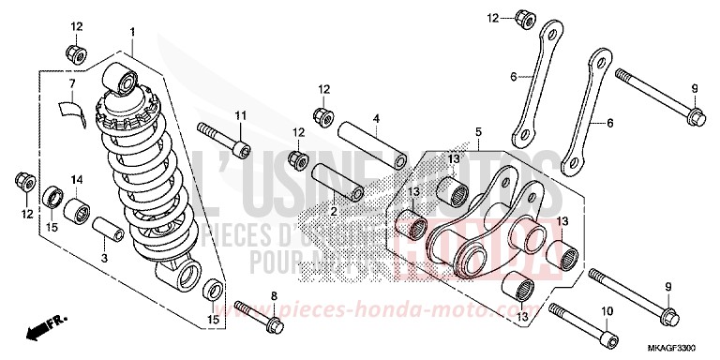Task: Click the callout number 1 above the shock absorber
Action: (x=133, y=33)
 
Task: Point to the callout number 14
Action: (x=76, y=180)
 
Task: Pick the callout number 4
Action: (x=375, y=119)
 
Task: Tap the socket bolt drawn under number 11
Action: (x=224, y=137)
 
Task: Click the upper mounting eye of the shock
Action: (x=122, y=78)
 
